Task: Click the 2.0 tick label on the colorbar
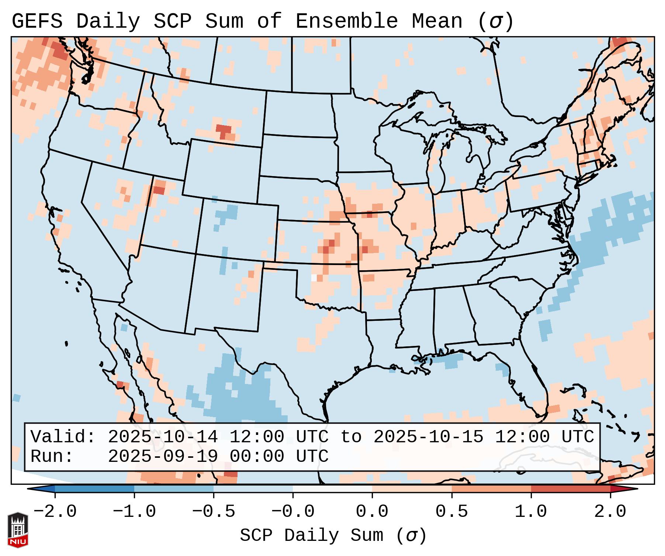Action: pyautogui.click(x=610, y=512)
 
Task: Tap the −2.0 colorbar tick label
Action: pyautogui.click(x=55, y=512)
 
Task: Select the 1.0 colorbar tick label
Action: pyautogui.click(x=531, y=512)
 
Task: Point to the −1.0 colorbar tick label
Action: pyautogui.click(x=134, y=512)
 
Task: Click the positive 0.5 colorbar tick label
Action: pyautogui.click(x=451, y=512)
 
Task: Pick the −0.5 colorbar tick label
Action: pyautogui.click(x=214, y=512)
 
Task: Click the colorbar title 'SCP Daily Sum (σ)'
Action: pyautogui.click(x=333, y=535)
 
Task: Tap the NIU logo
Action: pyautogui.click(x=18, y=529)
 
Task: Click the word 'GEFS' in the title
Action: pyautogui.click(x=37, y=21)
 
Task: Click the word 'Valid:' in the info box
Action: pyautogui.click(x=63, y=437)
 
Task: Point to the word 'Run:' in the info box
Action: pyautogui.click(x=52, y=456)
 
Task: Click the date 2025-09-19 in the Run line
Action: pyautogui.click(x=163, y=456)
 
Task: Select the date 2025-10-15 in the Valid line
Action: pyautogui.click(x=428, y=437)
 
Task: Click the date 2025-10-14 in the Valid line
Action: pyautogui.click(x=163, y=437)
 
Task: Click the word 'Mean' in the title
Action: pyautogui.click(x=437, y=21)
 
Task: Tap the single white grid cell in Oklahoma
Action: pyautogui.click(x=314, y=278)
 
